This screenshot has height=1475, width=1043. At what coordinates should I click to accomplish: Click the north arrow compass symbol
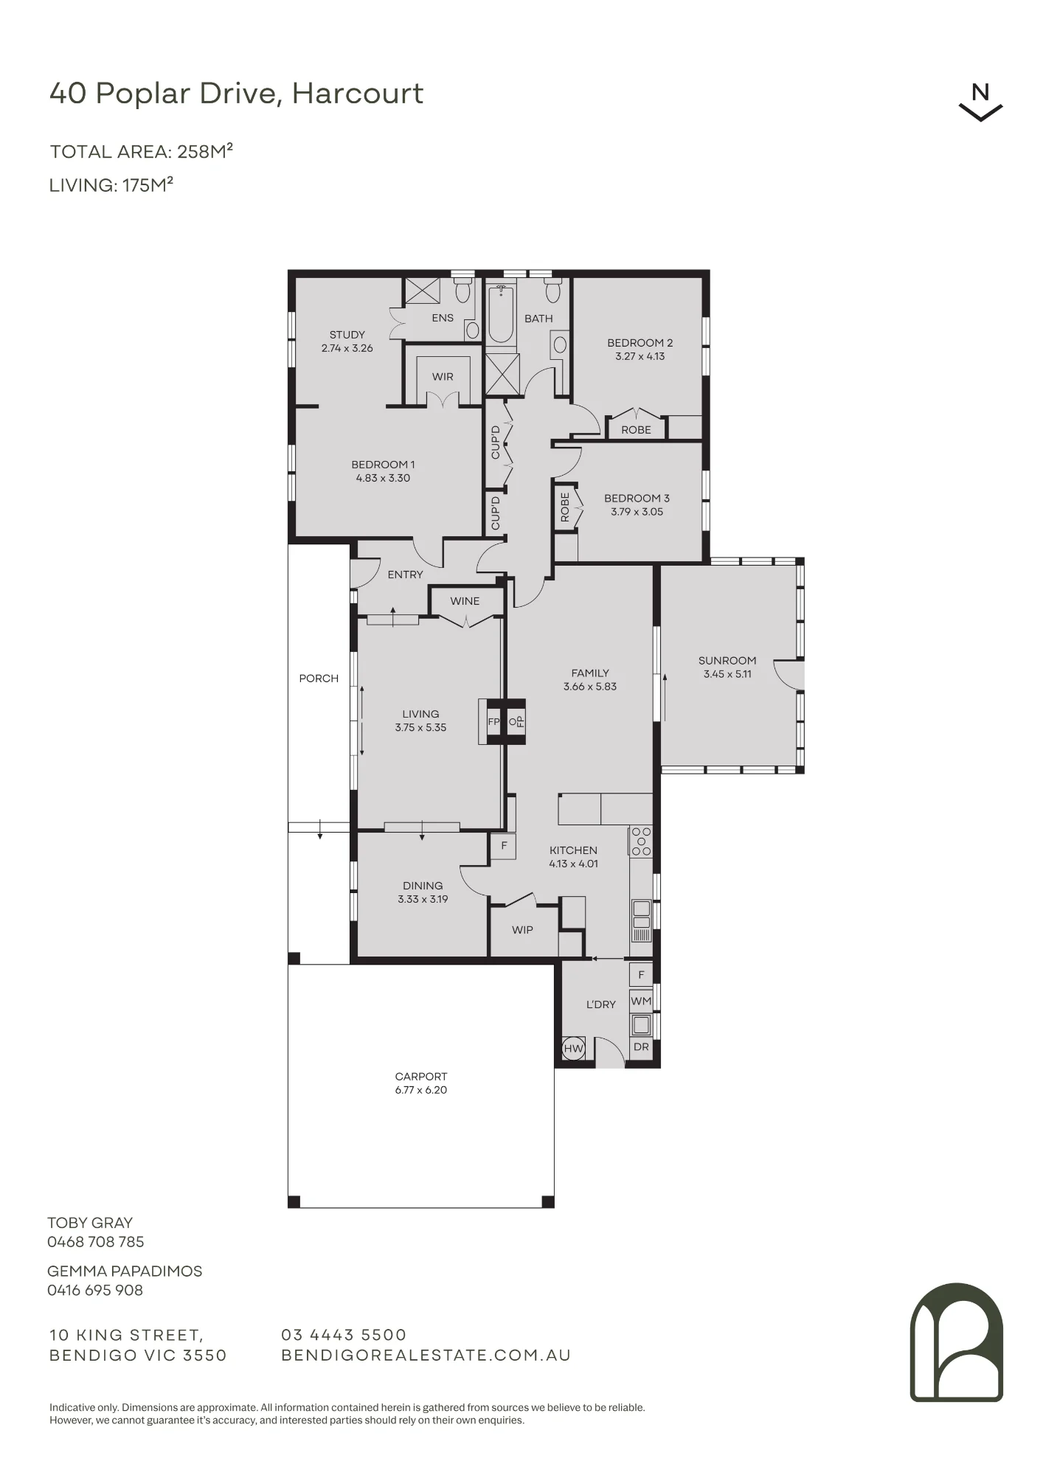[980, 103]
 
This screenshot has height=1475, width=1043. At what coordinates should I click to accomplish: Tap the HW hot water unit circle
[573, 1048]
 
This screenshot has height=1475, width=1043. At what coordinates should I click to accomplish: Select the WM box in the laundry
[641, 1001]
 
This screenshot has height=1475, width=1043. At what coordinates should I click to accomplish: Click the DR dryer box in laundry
[641, 1047]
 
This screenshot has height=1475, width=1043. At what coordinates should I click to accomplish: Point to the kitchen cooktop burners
[641, 841]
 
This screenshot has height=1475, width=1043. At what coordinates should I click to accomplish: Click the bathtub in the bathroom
[501, 315]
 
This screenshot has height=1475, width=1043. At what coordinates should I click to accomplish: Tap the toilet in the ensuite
[462, 291]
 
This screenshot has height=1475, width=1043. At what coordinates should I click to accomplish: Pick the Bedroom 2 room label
[640, 343]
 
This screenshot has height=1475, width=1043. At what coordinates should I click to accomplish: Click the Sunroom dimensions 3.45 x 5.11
[727, 674]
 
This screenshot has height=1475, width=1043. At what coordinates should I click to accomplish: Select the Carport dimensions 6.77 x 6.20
[420, 1090]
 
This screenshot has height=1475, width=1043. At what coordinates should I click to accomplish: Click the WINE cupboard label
[465, 601]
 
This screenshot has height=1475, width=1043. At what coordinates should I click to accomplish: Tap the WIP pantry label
[522, 930]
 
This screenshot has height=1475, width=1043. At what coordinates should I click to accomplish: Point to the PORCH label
[319, 678]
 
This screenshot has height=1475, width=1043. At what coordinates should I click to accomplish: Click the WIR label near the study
[443, 377]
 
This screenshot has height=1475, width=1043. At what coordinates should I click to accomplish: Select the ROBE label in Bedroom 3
[565, 507]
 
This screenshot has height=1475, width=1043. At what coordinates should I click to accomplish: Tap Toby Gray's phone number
[96, 1242]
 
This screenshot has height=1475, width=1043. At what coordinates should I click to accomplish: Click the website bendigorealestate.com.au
[426, 1356]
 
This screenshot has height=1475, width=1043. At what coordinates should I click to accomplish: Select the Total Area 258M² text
[142, 151]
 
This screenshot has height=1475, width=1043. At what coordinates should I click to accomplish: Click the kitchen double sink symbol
[641, 914]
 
